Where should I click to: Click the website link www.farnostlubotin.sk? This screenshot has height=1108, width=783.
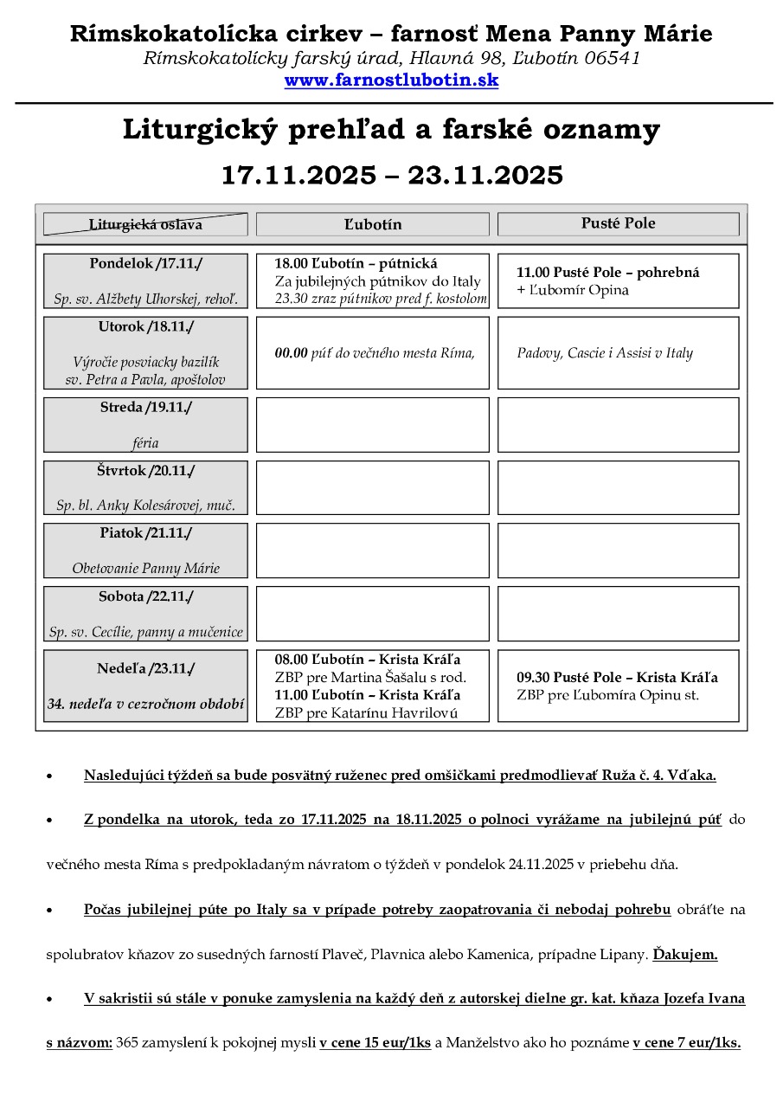click(x=391, y=81)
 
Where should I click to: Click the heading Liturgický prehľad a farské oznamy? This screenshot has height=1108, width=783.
click(x=391, y=130)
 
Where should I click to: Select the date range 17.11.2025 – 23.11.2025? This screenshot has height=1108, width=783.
click(x=391, y=176)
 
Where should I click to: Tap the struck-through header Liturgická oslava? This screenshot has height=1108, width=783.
click(x=145, y=225)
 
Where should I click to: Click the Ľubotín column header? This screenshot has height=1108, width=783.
click(x=372, y=225)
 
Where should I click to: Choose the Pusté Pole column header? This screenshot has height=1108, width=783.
click(x=618, y=223)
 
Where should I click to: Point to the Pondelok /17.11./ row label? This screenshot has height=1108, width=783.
click(x=145, y=263)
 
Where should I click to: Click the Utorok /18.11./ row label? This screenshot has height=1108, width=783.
click(x=145, y=326)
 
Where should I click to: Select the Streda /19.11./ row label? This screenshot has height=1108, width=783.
click(x=145, y=407)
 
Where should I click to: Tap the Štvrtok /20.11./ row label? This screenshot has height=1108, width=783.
click(x=145, y=471)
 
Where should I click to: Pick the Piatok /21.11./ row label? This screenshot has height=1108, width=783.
click(x=145, y=533)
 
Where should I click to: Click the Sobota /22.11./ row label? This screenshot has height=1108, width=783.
click(x=145, y=596)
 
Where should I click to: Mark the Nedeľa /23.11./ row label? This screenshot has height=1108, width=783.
click(x=145, y=668)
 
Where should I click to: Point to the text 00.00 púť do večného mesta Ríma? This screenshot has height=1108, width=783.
click(x=375, y=353)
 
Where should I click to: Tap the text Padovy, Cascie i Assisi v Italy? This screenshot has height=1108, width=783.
click(x=605, y=353)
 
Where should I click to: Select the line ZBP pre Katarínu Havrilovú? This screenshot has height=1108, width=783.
click(x=366, y=713)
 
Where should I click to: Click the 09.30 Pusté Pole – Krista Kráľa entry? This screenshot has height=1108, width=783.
click(x=617, y=677)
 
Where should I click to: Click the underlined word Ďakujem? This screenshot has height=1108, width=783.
click(x=684, y=956)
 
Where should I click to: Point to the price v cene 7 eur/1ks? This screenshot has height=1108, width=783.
click(x=686, y=1043)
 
